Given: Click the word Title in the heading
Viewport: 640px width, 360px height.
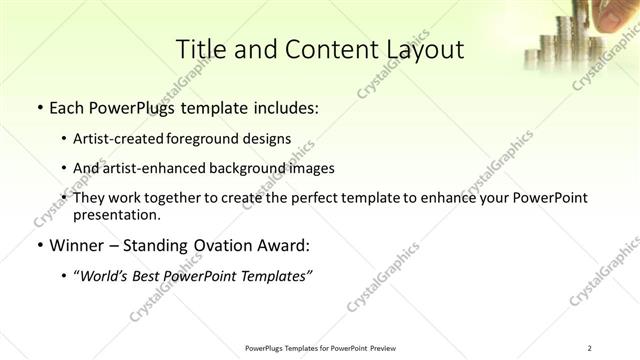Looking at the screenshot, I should pos(199,49).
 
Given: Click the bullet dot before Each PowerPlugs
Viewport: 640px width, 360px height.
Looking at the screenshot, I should pos(38,108).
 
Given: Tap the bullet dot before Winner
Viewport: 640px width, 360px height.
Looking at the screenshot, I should pos(38,245).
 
